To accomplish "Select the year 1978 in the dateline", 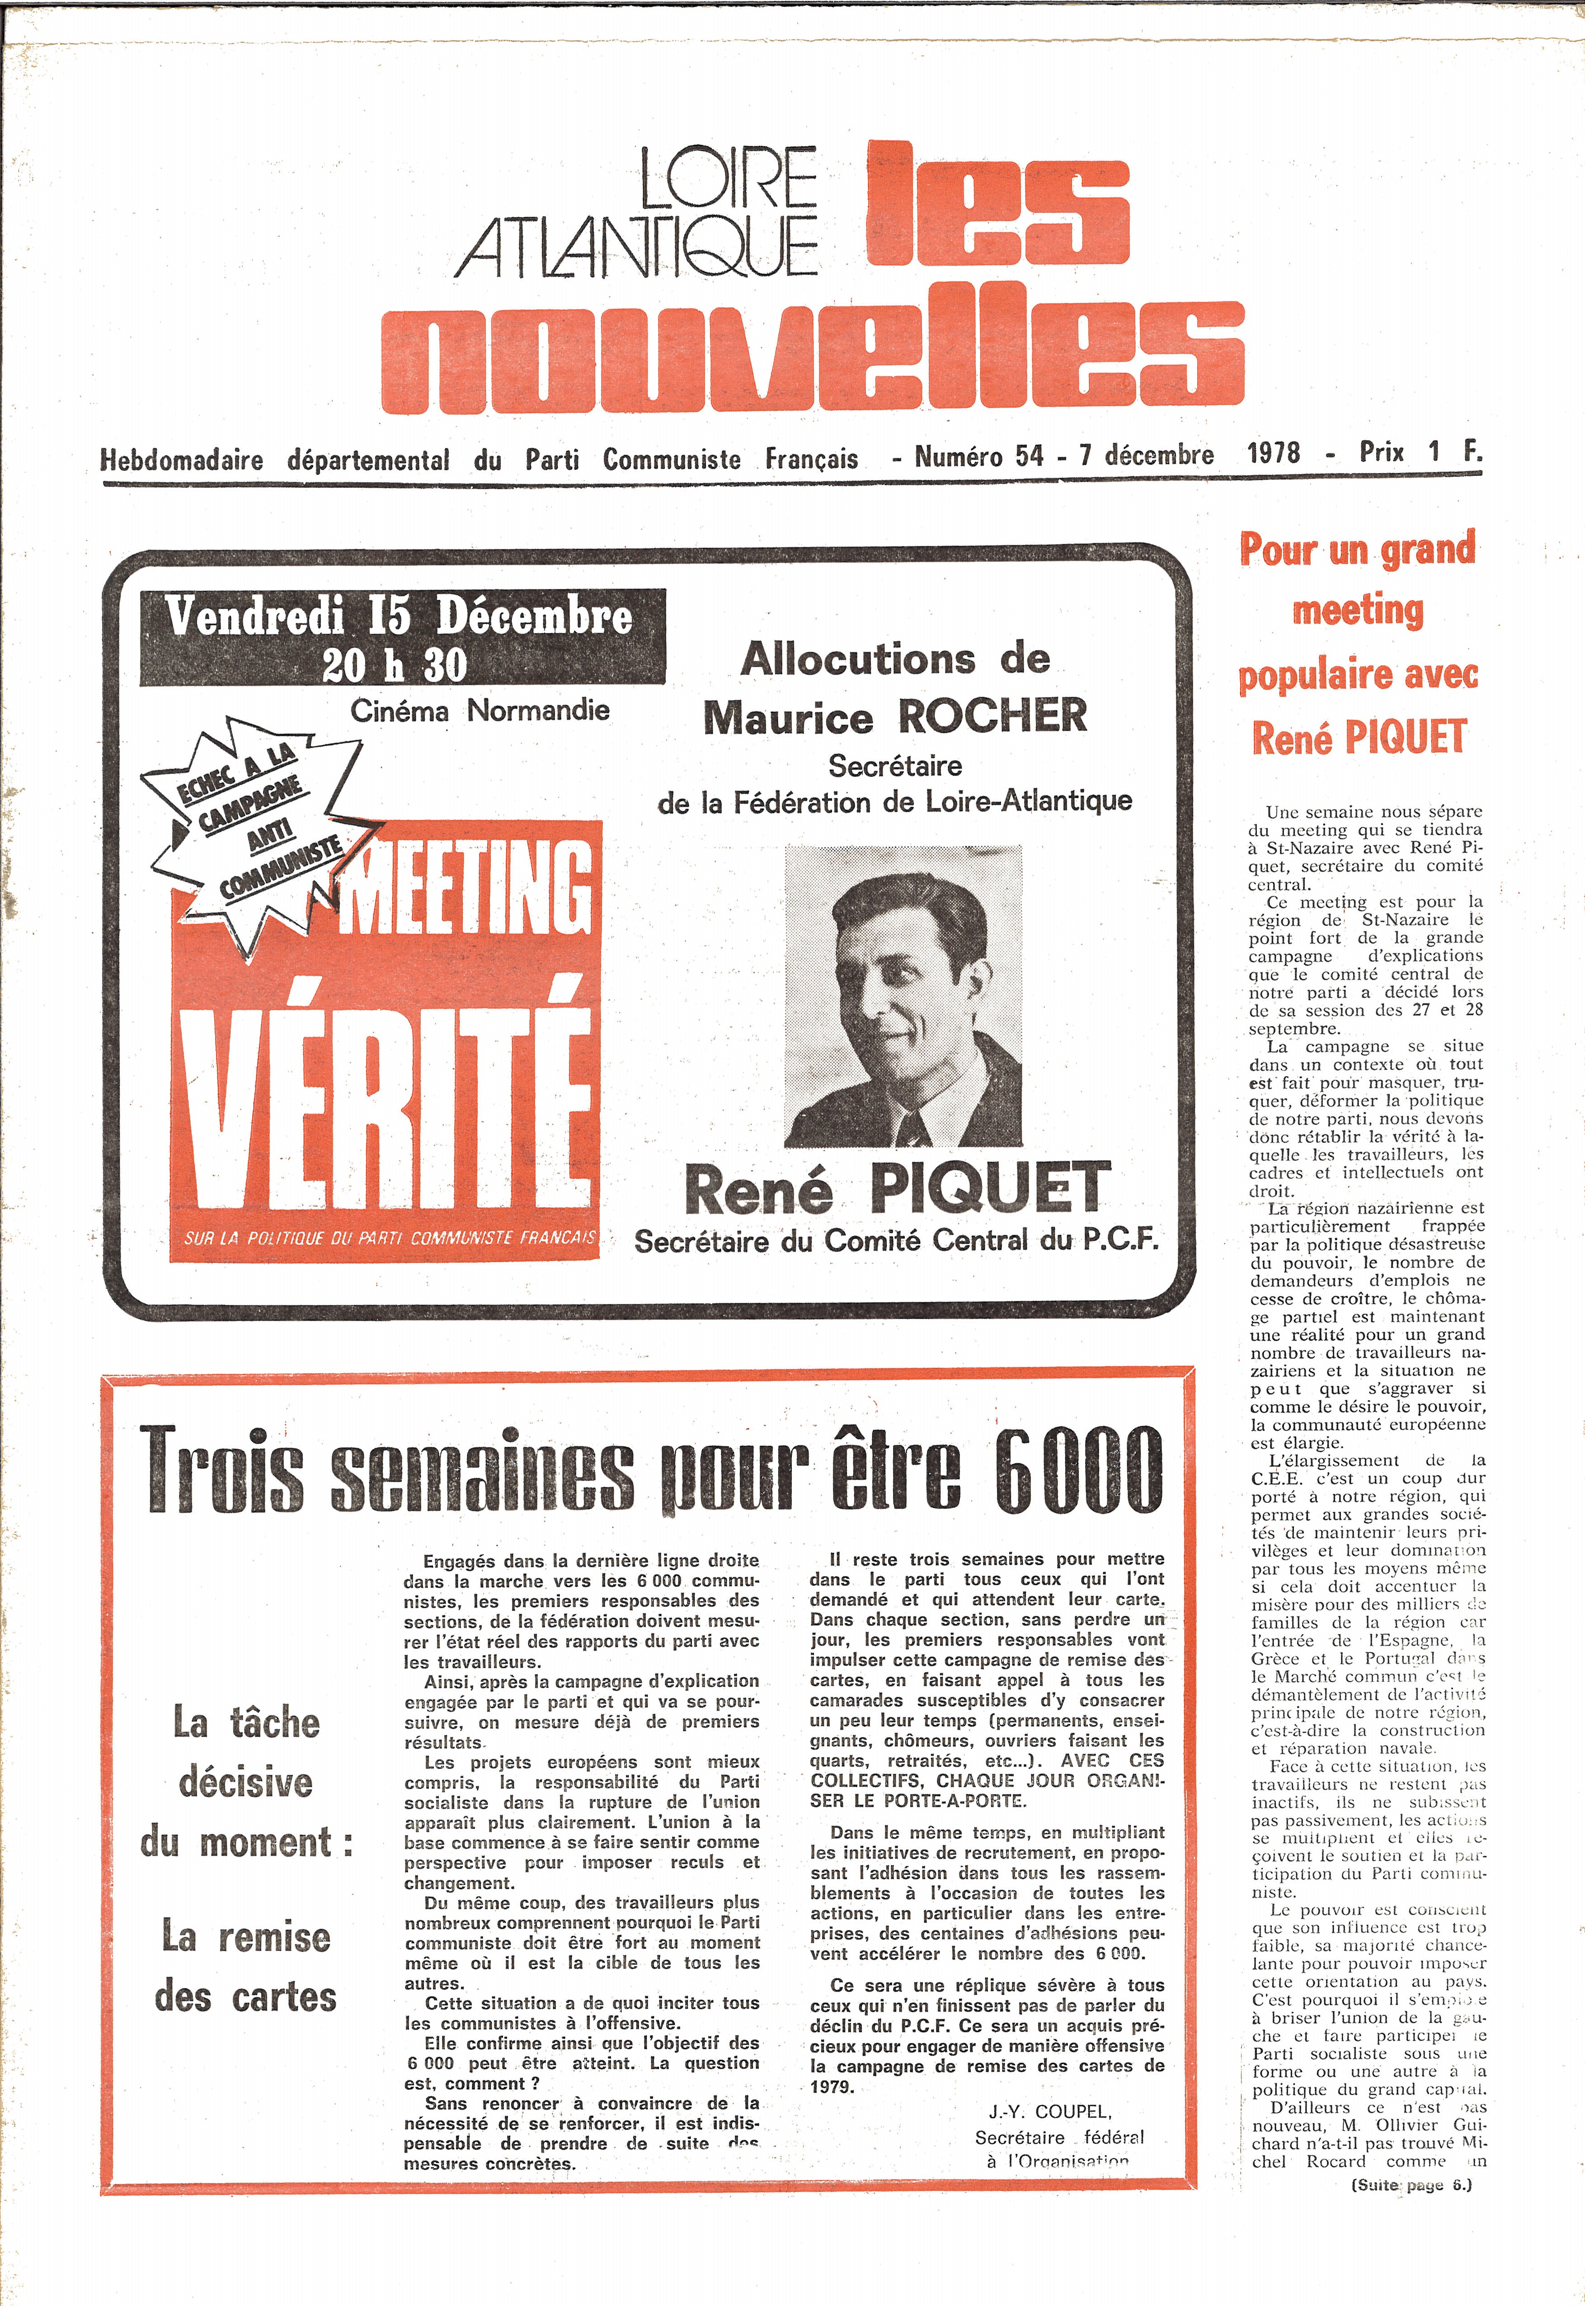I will point(1273,454).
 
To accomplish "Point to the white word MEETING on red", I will point(467,889).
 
